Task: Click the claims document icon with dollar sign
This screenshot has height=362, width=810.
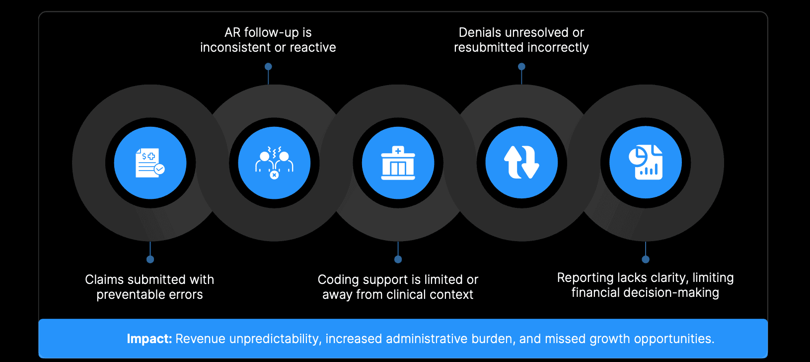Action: [x=150, y=163]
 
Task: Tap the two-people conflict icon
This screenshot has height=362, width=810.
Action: [x=274, y=163]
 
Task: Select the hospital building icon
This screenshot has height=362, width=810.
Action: [x=398, y=163]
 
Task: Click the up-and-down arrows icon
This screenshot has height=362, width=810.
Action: [x=521, y=162]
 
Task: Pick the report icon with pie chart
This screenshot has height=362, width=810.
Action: [x=646, y=162]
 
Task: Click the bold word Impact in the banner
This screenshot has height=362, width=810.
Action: [x=149, y=339]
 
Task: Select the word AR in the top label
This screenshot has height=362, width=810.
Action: [x=232, y=33]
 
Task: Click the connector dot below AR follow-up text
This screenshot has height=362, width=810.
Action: [x=268, y=67]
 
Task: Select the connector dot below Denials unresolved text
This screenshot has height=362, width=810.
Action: [x=521, y=67]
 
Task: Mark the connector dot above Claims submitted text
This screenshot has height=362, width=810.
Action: [x=150, y=259]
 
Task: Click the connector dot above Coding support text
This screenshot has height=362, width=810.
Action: [x=398, y=259]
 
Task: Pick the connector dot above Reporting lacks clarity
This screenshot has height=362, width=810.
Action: [x=646, y=259]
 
